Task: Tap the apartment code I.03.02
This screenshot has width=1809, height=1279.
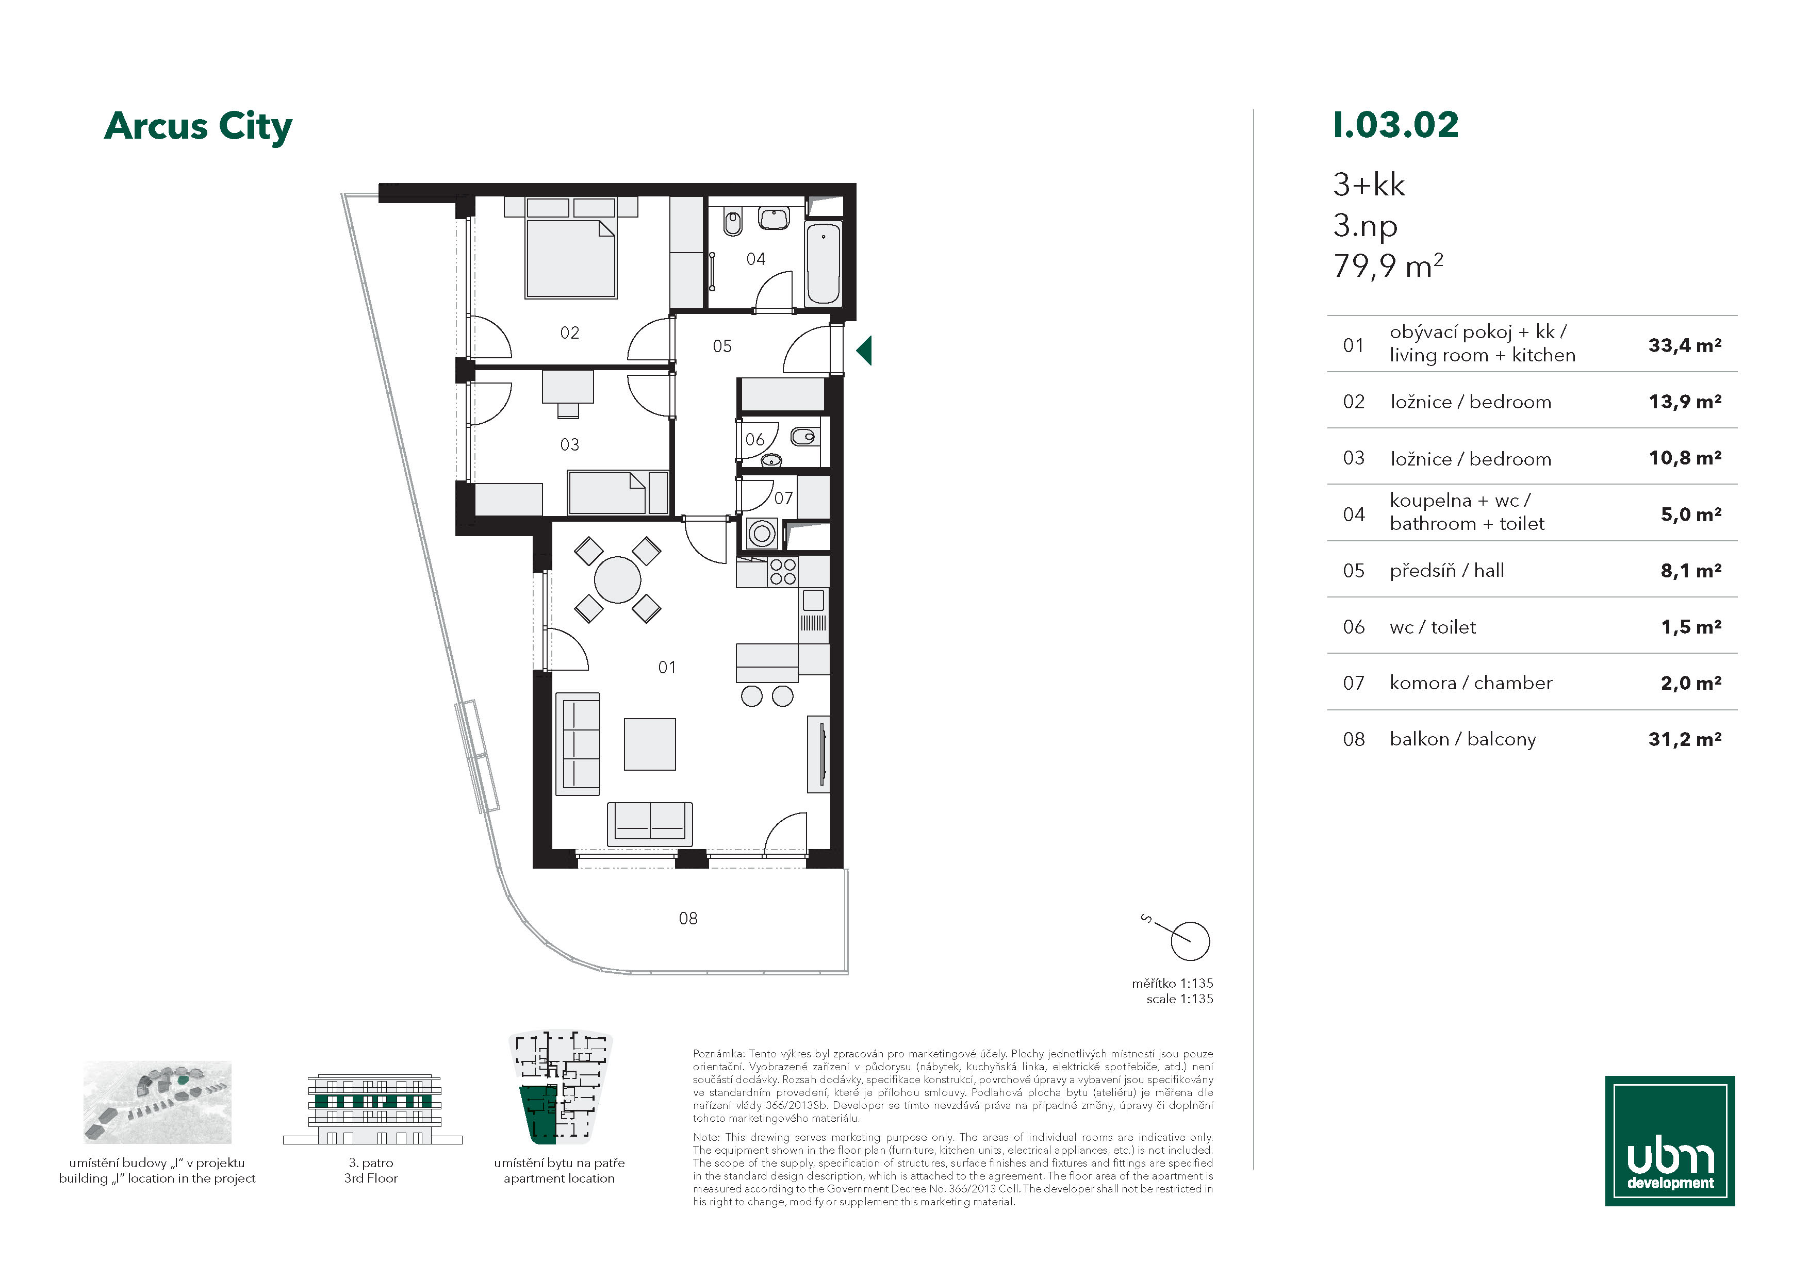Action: [1395, 125]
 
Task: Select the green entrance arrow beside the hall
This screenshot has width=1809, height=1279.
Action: [864, 350]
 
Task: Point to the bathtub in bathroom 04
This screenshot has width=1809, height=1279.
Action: [824, 263]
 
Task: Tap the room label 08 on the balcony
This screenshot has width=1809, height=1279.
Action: [688, 918]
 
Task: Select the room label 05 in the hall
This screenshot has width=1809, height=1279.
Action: [722, 346]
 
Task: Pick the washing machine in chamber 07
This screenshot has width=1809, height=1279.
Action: [761, 533]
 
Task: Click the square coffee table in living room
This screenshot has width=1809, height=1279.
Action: [650, 744]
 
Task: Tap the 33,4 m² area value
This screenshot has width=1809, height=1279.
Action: [1685, 345]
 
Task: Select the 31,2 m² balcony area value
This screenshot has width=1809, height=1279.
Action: [1685, 739]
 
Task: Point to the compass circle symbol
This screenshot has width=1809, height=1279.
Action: [1190, 941]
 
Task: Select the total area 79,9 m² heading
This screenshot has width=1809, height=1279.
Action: [1388, 266]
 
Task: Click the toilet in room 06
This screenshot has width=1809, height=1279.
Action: [803, 436]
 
